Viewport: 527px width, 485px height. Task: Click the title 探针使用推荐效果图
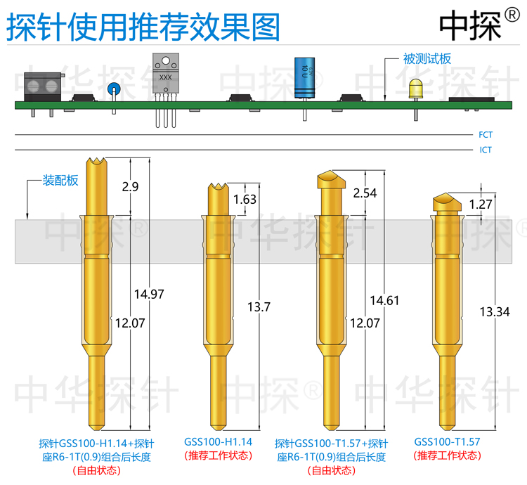tap(143, 27)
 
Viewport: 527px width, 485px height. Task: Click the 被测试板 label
tap(426, 60)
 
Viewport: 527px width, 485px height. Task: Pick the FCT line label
tap(486, 134)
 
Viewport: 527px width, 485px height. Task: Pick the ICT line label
tap(486, 150)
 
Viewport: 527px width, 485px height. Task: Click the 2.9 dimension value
tap(130, 187)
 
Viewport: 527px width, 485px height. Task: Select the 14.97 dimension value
tap(148, 294)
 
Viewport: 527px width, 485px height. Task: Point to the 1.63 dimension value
tap(245, 200)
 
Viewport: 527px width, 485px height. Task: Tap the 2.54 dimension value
tap(366, 193)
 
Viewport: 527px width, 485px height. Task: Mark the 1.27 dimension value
tap(480, 205)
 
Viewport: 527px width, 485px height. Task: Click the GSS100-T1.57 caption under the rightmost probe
tap(447, 441)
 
